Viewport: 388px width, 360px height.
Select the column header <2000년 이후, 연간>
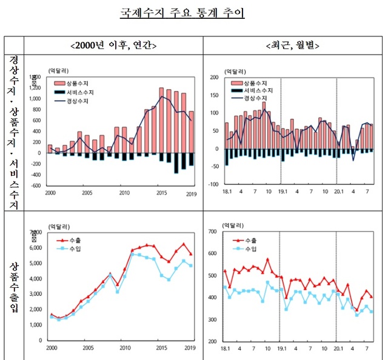click(113, 45)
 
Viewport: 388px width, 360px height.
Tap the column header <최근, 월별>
click(293, 45)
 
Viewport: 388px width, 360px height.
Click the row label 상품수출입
click(13, 285)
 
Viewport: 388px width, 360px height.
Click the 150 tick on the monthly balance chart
click(214, 95)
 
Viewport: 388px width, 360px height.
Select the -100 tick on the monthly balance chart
click(213, 184)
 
